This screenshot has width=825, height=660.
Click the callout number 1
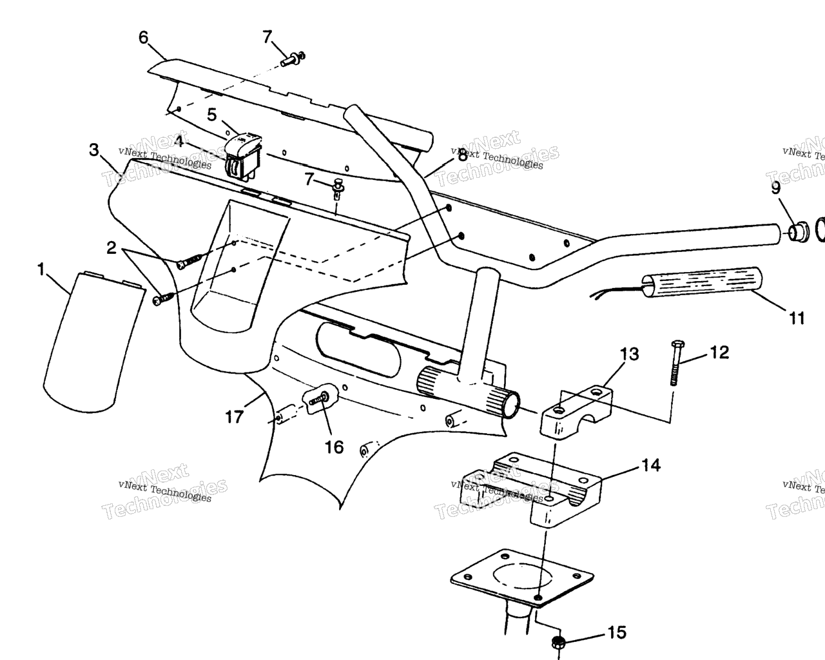coord(42,269)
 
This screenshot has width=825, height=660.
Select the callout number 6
coord(143,37)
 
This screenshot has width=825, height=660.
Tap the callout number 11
coord(797,318)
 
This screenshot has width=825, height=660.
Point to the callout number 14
coord(651,465)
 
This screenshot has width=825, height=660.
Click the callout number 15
coord(617,633)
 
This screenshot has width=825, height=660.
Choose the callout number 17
coord(235,417)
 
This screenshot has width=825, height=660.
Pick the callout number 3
coord(94,150)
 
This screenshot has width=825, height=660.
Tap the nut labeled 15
coord(558,642)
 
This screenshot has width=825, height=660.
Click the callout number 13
coord(630,354)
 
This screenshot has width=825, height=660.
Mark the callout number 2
coord(112,248)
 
